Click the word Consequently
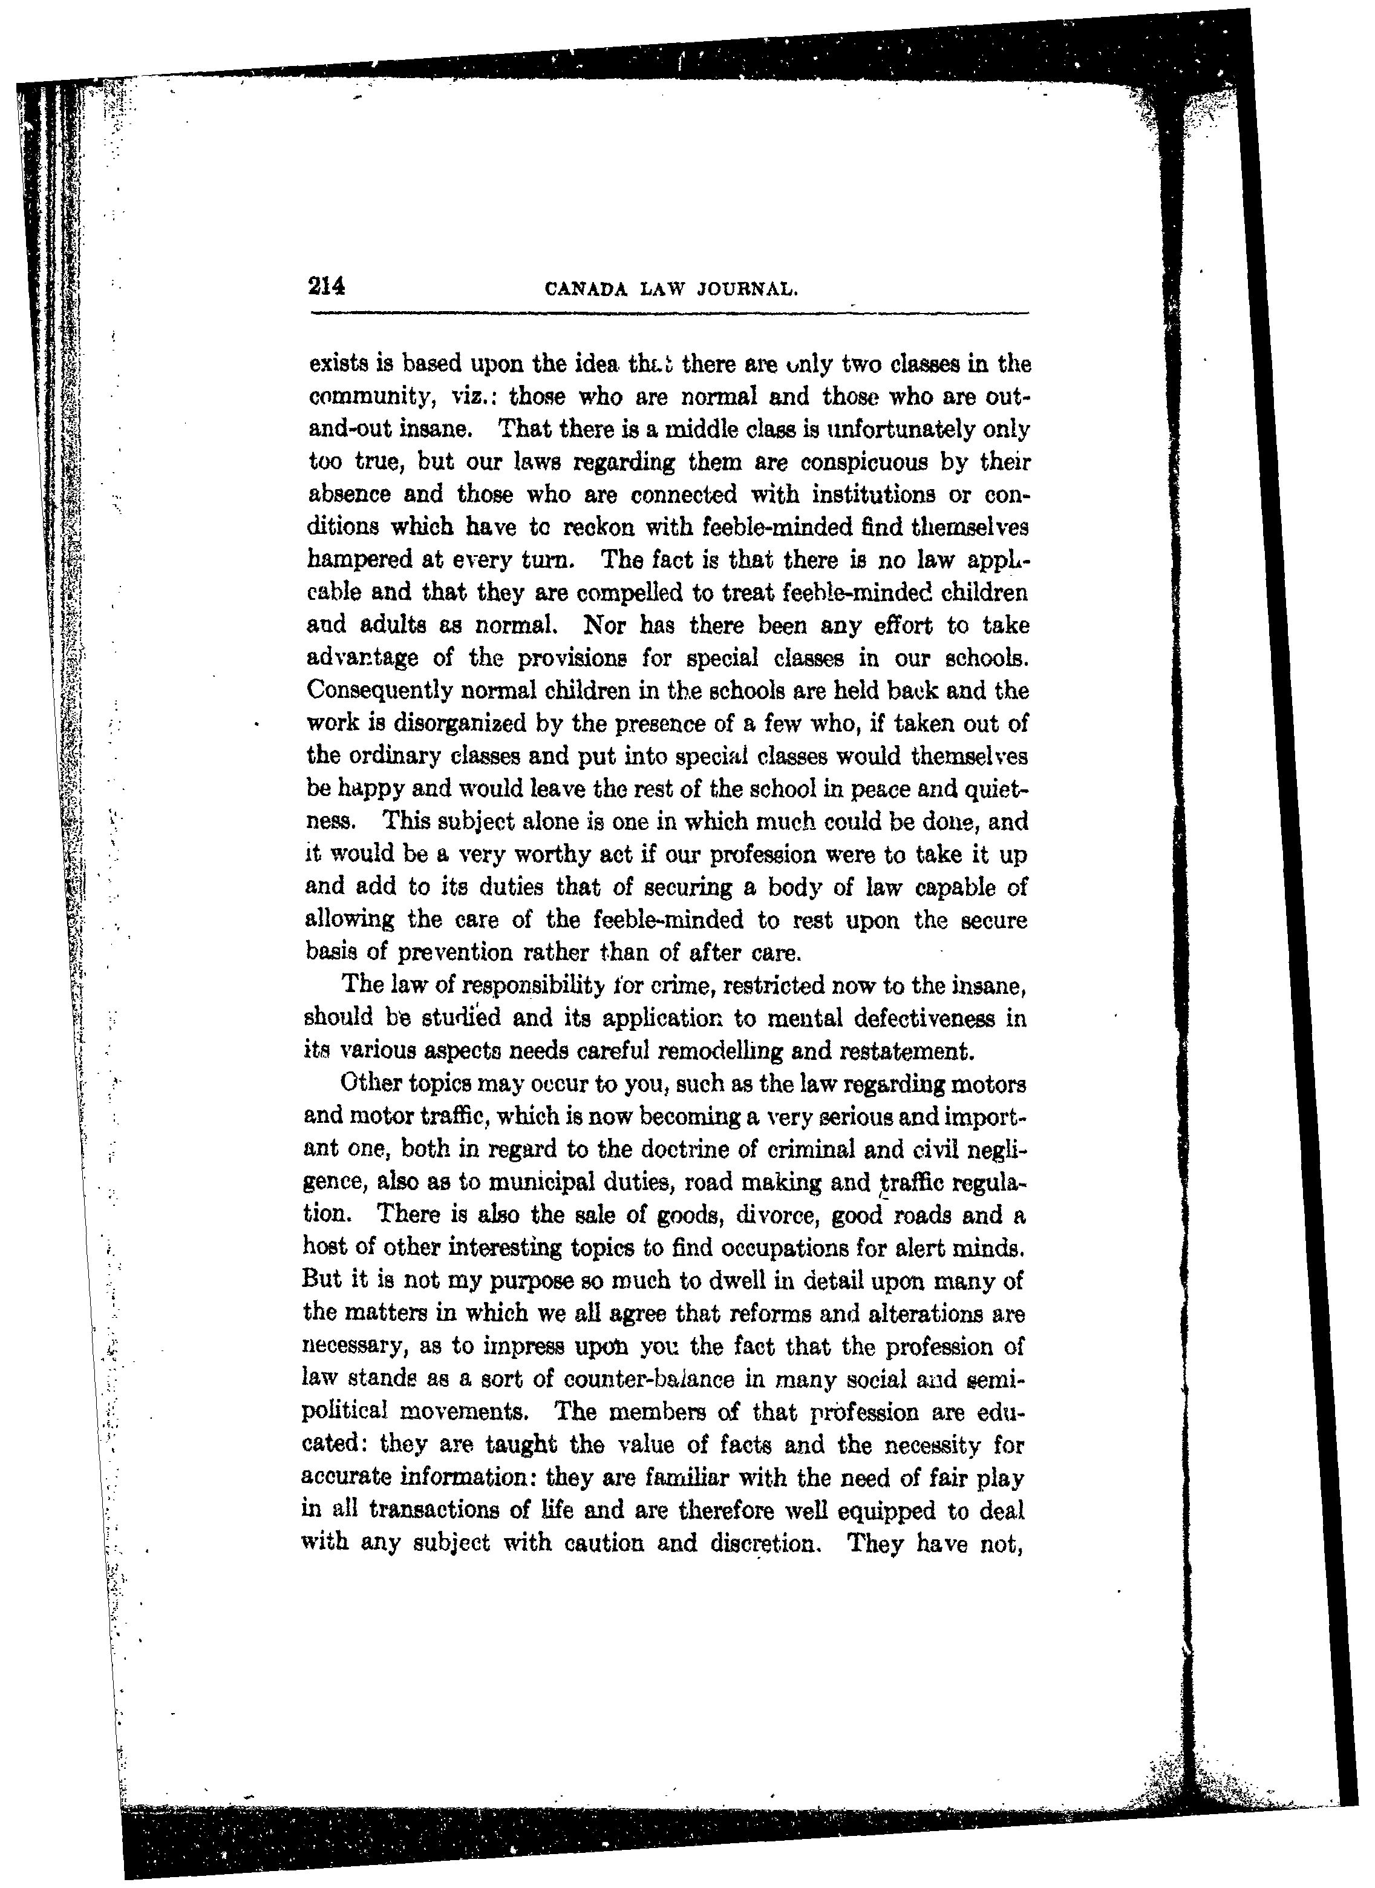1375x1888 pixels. [378, 691]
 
